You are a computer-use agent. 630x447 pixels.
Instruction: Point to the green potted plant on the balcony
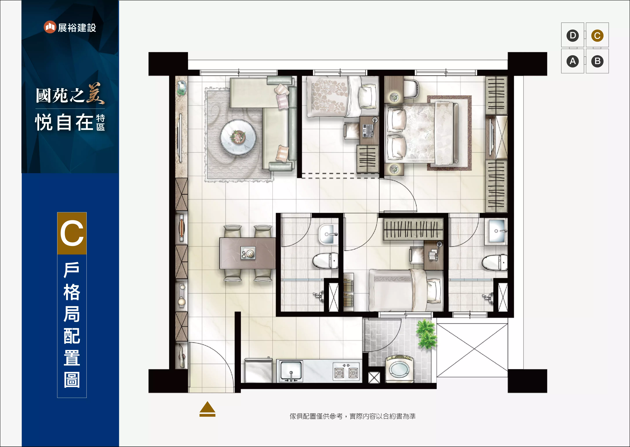[426, 334]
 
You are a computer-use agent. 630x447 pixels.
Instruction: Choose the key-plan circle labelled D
[572, 36]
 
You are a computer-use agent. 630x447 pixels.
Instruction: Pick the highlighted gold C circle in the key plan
[597, 36]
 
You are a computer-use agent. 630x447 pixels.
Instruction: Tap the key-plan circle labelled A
[572, 61]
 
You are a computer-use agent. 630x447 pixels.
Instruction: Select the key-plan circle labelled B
[597, 61]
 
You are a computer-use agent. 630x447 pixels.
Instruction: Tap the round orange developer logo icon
[50, 27]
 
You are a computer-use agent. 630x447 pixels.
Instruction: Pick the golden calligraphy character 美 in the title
[96, 94]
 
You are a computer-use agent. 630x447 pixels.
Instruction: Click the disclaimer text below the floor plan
[353, 416]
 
